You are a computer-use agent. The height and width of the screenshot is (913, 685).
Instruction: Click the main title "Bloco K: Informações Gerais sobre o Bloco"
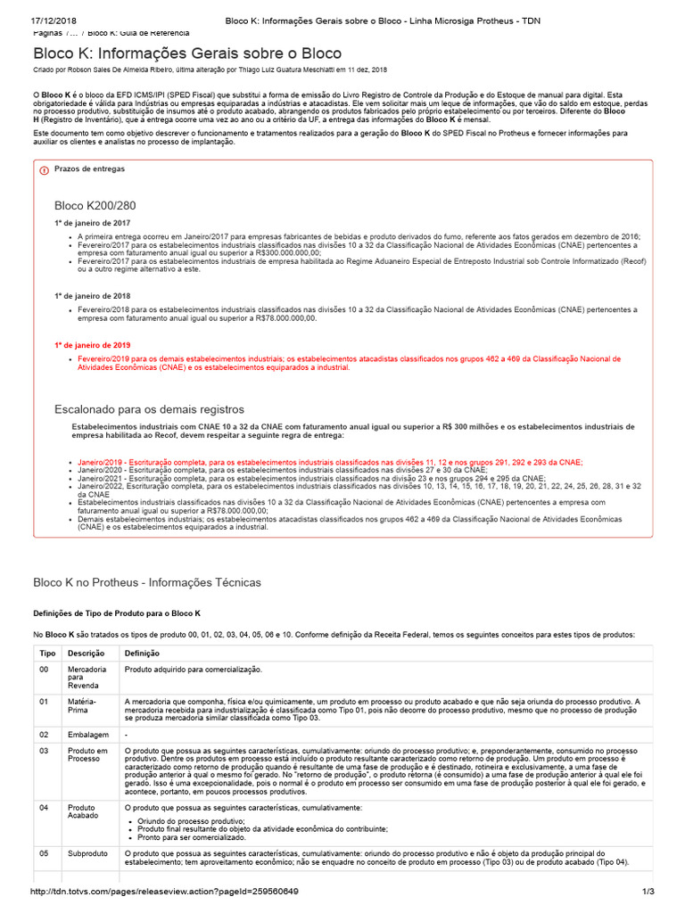[186, 53]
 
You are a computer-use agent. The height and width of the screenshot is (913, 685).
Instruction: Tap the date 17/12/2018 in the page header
[57, 21]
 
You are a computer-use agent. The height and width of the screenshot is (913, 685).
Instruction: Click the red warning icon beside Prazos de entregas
[43, 169]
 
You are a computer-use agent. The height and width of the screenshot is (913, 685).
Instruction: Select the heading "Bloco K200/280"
[95, 205]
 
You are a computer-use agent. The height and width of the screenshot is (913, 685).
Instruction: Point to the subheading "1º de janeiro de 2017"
[93, 223]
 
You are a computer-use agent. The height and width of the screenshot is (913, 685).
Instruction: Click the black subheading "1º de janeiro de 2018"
[93, 295]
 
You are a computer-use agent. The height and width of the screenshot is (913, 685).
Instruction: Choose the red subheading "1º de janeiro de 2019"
[93, 344]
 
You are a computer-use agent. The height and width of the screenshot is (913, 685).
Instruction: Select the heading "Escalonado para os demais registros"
[149, 408]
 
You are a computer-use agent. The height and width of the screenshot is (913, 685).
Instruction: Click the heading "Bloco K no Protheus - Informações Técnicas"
[147, 582]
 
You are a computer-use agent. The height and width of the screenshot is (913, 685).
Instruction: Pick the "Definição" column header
[143, 653]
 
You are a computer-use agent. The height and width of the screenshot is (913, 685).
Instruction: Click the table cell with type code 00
[45, 669]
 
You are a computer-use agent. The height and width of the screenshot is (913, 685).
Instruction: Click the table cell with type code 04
[45, 807]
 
